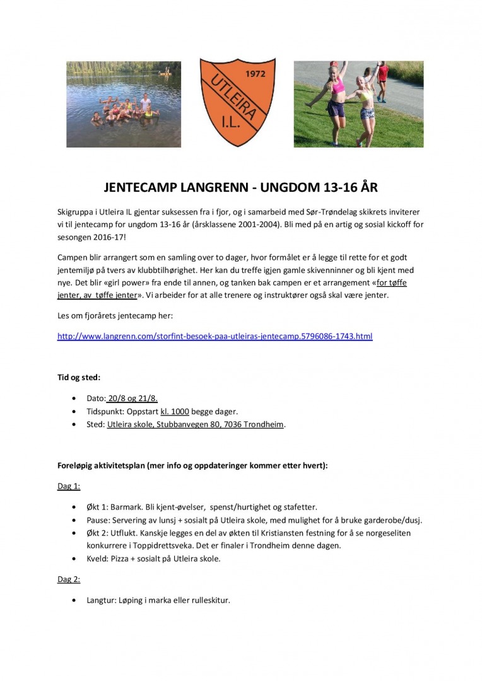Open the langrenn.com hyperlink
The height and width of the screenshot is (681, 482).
[215, 337]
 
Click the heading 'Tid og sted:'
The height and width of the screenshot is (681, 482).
[79, 378]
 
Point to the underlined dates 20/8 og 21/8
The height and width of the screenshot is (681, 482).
[132, 399]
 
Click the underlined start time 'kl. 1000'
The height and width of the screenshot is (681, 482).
[175, 411]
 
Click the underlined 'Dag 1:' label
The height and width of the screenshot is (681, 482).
[69, 487]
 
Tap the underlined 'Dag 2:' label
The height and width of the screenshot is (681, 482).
[69, 579]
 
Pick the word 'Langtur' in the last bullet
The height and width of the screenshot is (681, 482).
[101, 600]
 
